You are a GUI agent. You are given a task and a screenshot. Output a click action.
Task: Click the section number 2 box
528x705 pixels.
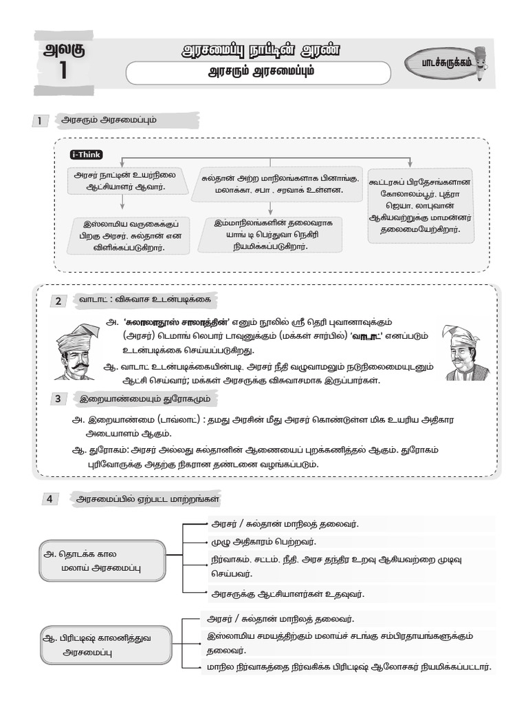coord(59,301)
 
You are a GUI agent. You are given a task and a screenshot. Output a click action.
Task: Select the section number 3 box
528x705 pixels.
coord(59,399)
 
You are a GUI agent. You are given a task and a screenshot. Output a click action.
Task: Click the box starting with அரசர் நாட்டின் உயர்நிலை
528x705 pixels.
coord(121,181)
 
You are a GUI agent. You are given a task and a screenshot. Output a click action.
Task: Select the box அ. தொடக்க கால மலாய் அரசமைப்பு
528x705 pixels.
coord(102,560)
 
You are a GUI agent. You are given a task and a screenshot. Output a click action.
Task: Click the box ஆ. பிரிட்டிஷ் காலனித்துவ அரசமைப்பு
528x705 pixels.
coord(101,644)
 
